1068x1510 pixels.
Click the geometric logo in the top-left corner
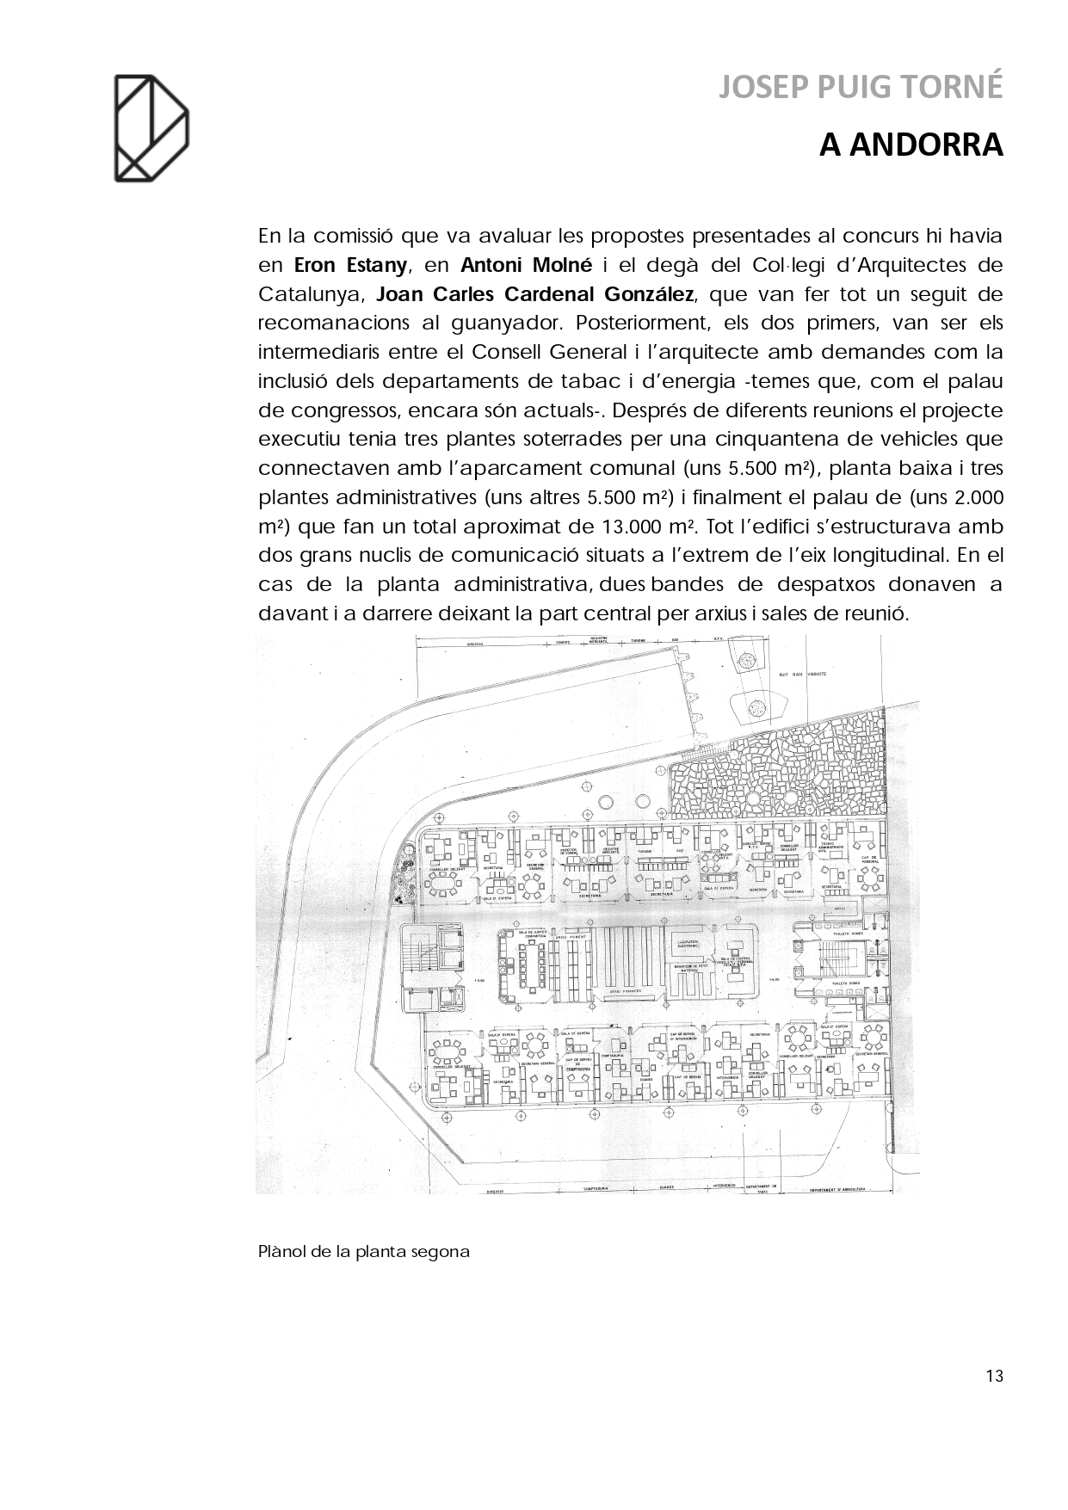pos(151,129)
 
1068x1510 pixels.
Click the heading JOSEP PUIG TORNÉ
pos(861,87)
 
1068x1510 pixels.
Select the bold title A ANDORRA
pos(911,145)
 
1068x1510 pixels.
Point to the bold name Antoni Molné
pos(527,265)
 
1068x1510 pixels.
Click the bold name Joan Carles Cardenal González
pos(535,294)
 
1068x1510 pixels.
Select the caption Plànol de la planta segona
pos(364,1252)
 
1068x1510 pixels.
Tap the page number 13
pos(994,1376)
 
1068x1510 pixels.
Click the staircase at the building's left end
pos(417,955)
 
